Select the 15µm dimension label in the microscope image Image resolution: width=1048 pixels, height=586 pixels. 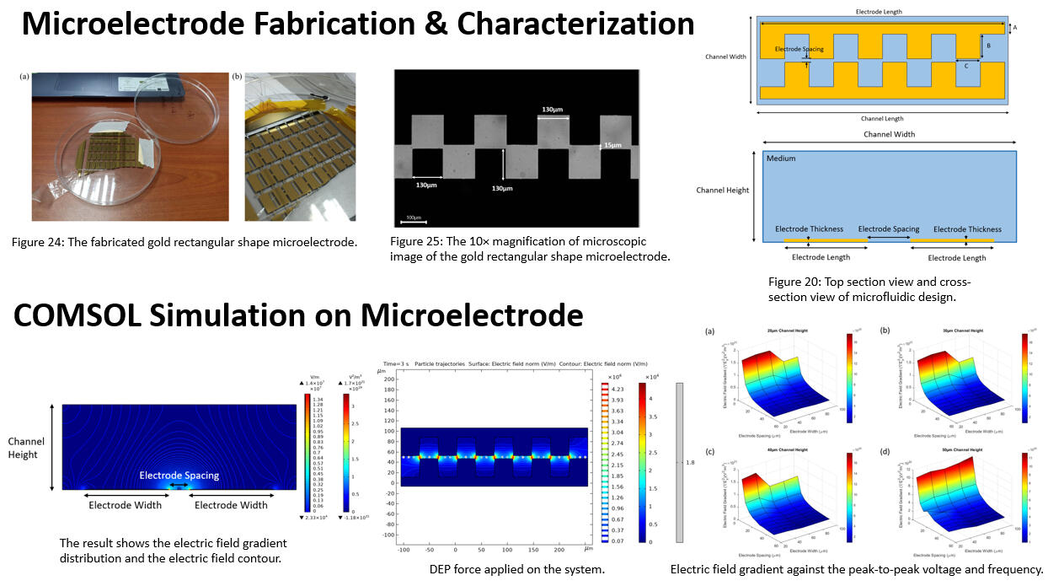pos(613,145)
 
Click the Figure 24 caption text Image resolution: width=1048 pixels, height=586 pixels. pos(184,243)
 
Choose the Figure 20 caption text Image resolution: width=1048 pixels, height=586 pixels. pos(870,289)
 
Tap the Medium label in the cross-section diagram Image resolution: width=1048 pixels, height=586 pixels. pos(781,158)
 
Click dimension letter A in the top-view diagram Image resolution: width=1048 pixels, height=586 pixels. pos(1014,28)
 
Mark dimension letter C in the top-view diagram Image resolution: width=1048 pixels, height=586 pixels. pos(965,66)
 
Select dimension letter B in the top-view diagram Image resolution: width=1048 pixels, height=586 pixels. pos(988,46)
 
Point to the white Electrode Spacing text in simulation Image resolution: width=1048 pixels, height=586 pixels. pos(179,476)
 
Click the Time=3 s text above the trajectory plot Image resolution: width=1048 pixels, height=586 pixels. pos(396,363)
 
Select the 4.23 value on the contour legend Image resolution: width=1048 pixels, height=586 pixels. pos(617,390)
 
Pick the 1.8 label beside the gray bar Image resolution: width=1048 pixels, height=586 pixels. pos(689,462)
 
